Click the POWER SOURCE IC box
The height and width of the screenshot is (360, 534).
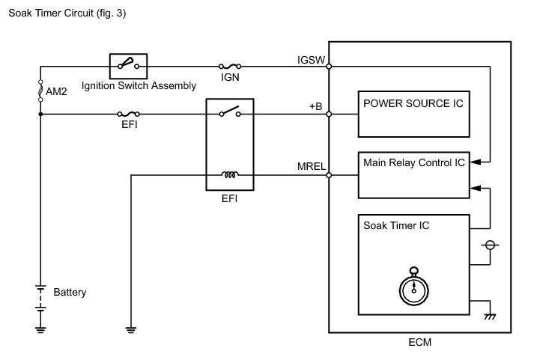413,115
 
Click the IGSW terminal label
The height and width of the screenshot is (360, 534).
312,59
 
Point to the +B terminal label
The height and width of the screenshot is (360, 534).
315,107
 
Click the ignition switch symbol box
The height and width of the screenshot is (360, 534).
129,66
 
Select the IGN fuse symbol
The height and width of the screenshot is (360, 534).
229,67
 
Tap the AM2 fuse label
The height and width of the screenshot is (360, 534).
56,91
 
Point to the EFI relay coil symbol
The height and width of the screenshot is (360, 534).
231,176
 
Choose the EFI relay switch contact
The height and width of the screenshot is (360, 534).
230,112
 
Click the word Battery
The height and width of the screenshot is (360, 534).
70,292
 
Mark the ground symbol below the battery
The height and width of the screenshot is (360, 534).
40,327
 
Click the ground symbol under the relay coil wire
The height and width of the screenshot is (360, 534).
131,327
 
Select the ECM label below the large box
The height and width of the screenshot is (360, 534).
420,344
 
